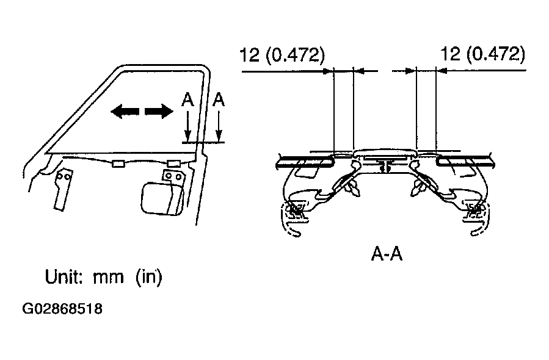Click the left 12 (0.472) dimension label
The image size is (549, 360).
282,54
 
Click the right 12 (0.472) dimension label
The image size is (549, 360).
482,54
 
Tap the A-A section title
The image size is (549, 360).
387,254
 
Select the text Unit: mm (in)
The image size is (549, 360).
104,277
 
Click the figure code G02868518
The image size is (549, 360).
62,309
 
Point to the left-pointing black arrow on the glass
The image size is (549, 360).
125,112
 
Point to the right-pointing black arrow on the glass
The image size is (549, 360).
159,112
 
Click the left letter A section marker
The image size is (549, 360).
187,100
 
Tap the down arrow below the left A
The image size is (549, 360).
187,125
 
